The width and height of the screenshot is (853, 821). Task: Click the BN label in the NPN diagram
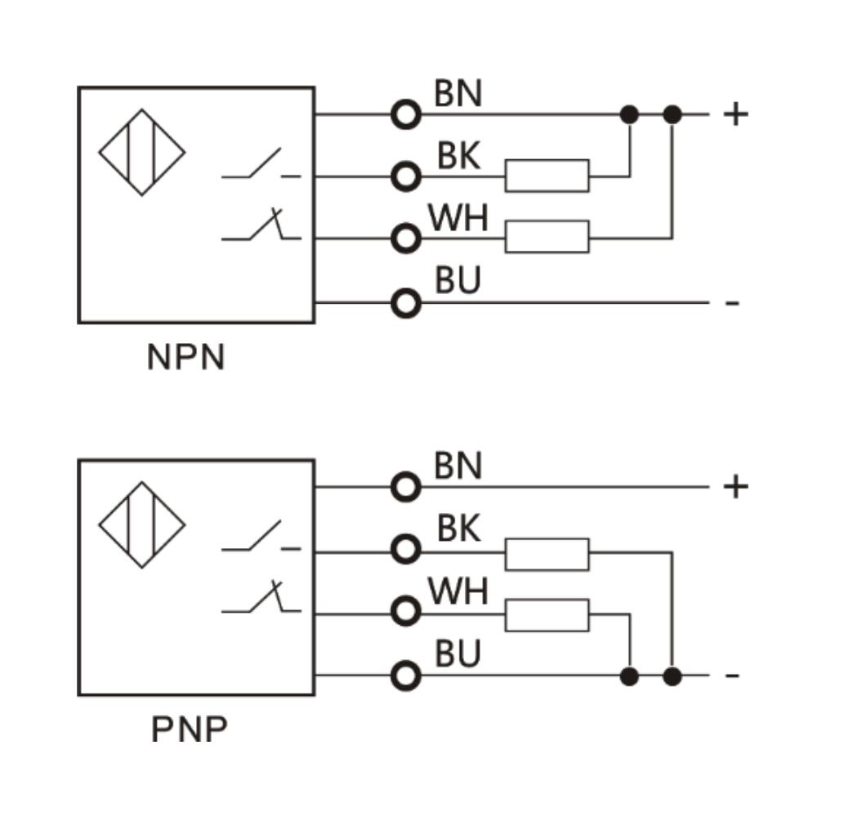click(x=458, y=94)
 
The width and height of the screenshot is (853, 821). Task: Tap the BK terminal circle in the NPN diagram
click(x=405, y=176)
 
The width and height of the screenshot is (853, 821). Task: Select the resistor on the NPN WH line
click(x=547, y=237)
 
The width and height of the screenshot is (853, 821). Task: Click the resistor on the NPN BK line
click(x=547, y=176)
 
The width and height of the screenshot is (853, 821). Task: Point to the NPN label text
click(x=185, y=358)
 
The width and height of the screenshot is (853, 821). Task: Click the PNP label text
click(x=189, y=730)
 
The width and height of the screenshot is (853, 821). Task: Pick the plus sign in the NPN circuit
click(x=735, y=114)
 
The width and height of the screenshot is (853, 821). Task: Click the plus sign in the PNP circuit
click(x=735, y=488)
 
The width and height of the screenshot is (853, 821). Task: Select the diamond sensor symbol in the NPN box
click(x=142, y=153)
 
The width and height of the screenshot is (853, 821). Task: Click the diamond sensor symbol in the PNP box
click(x=142, y=524)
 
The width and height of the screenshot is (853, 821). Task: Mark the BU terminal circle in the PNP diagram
click(x=405, y=676)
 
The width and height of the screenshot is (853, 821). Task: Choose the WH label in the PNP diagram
click(x=458, y=591)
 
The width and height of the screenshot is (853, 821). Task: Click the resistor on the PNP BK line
click(x=547, y=553)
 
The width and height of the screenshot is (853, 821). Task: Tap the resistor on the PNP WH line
click(x=547, y=614)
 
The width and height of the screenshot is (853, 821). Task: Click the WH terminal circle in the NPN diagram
click(x=405, y=238)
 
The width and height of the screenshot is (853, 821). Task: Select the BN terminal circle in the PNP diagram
click(x=405, y=488)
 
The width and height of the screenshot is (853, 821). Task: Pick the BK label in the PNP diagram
click(x=458, y=529)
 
